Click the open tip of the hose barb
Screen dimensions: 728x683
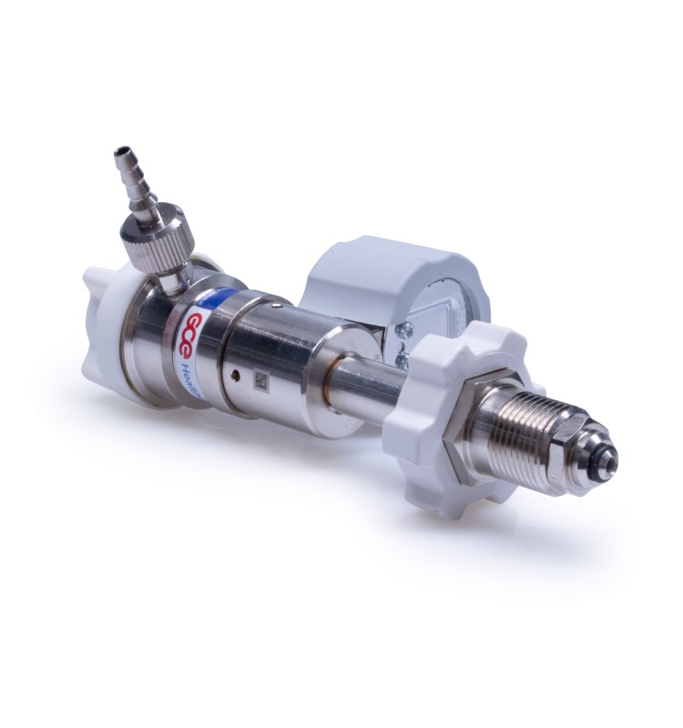(x=119, y=148)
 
